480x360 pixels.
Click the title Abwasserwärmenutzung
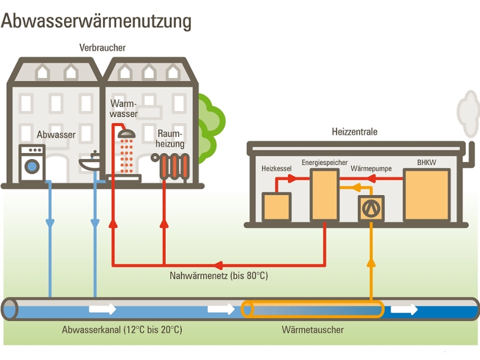click(96, 21)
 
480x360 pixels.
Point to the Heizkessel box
click(276, 207)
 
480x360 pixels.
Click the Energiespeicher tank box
click(325, 196)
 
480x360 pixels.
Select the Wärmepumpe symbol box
click(370, 209)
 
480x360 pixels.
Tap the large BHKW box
click(427, 194)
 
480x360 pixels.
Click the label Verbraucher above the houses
click(103, 47)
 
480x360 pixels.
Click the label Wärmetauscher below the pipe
click(313, 329)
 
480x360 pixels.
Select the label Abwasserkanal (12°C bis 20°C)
click(122, 329)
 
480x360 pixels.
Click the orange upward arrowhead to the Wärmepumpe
click(371, 263)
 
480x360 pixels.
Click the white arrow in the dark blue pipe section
click(404, 310)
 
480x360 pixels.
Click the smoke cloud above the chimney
click(468, 111)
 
